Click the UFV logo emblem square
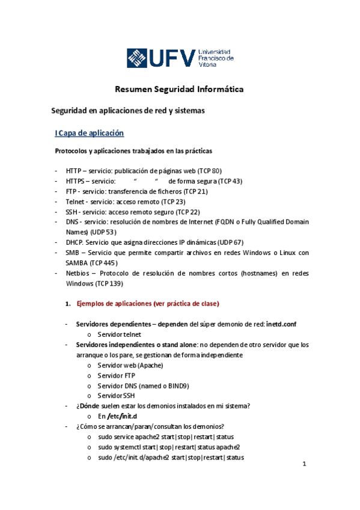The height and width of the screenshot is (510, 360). pyautogui.click(x=140, y=58)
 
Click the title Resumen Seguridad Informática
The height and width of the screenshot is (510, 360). pyautogui.click(x=179, y=90)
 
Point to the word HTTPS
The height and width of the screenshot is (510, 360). pyautogui.click(x=78, y=181)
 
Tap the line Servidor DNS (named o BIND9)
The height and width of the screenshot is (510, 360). pyautogui.click(x=143, y=386)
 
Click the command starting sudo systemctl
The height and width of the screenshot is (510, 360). pyautogui.click(x=168, y=447)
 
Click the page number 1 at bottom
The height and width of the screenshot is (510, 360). pyautogui.click(x=305, y=464)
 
